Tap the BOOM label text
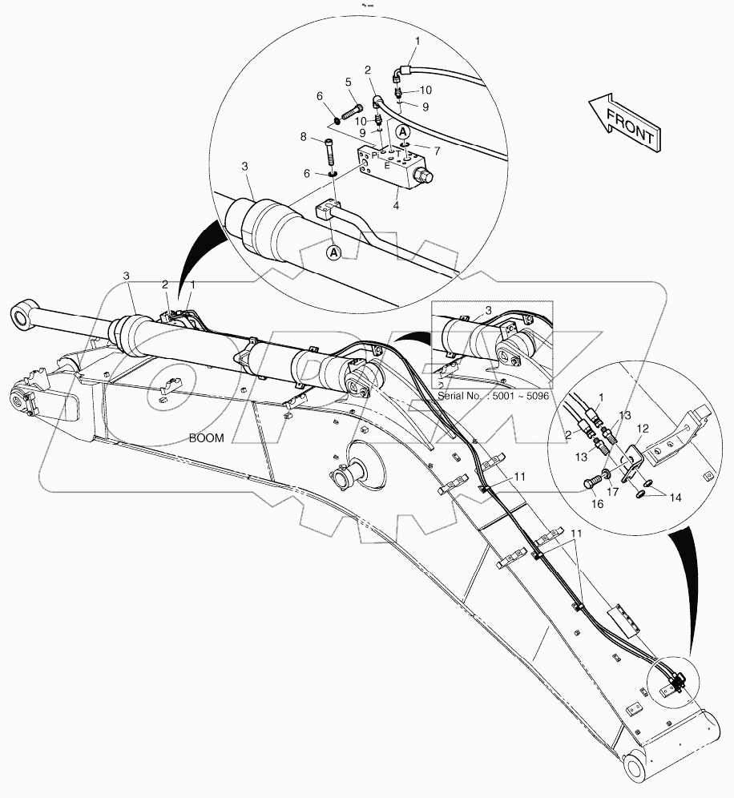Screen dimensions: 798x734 (206, 438)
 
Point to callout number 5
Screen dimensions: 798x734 (349, 82)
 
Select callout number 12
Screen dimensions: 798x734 (643, 429)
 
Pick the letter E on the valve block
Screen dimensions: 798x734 (388, 166)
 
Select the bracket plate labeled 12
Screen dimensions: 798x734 (633, 465)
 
